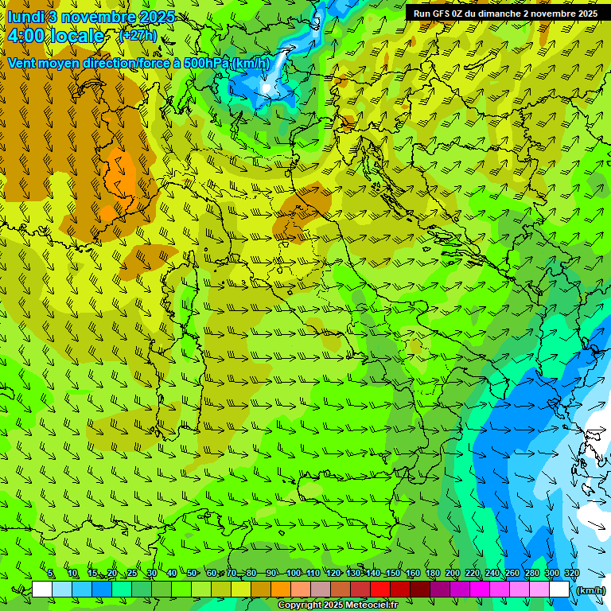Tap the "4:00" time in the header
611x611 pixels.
pyautogui.click(x=27, y=36)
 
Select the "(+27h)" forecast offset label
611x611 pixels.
pyautogui.click(x=138, y=36)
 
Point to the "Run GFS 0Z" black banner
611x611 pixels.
pyautogui.click(x=505, y=14)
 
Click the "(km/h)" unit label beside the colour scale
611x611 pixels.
pyautogui.click(x=590, y=590)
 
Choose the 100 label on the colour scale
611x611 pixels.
pyautogui.click(x=293, y=573)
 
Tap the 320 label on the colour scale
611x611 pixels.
pyautogui.click(x=571, y=573)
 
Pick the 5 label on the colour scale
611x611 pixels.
pyautogui.click(x=51, y=573)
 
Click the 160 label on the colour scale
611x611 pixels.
pyautogui.click(x=413, y=573)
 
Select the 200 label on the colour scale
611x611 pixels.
pyautogui.click(x=453, y=573)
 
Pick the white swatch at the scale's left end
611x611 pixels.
pyautogui.click(x=42, y=590)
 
